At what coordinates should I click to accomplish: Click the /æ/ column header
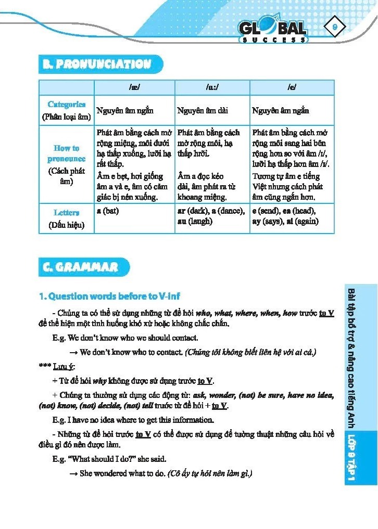click(x=134, y=88)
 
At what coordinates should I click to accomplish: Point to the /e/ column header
click(x=292, y=88)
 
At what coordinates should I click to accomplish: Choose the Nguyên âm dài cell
click(x=203, y=111)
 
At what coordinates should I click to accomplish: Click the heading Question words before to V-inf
click(x=110, y=296)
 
